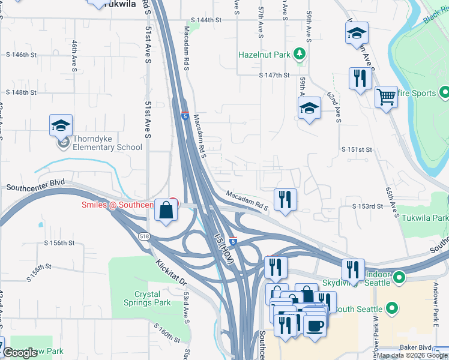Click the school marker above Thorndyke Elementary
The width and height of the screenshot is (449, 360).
point(61,125)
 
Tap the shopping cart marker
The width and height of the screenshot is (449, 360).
point(386,96)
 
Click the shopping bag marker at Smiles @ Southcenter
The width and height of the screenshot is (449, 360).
point(167,210)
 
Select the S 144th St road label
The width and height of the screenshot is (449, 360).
point(206,20)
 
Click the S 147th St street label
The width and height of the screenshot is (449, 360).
point(274,76)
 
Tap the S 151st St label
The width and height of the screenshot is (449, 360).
point(357,149)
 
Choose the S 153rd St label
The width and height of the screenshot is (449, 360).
point(367,206)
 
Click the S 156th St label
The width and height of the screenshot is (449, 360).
point(59,243)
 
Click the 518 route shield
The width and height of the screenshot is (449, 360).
point(145,236)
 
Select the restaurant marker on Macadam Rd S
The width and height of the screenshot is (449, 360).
point(285,200)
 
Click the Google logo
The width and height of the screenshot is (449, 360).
point(20,353)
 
